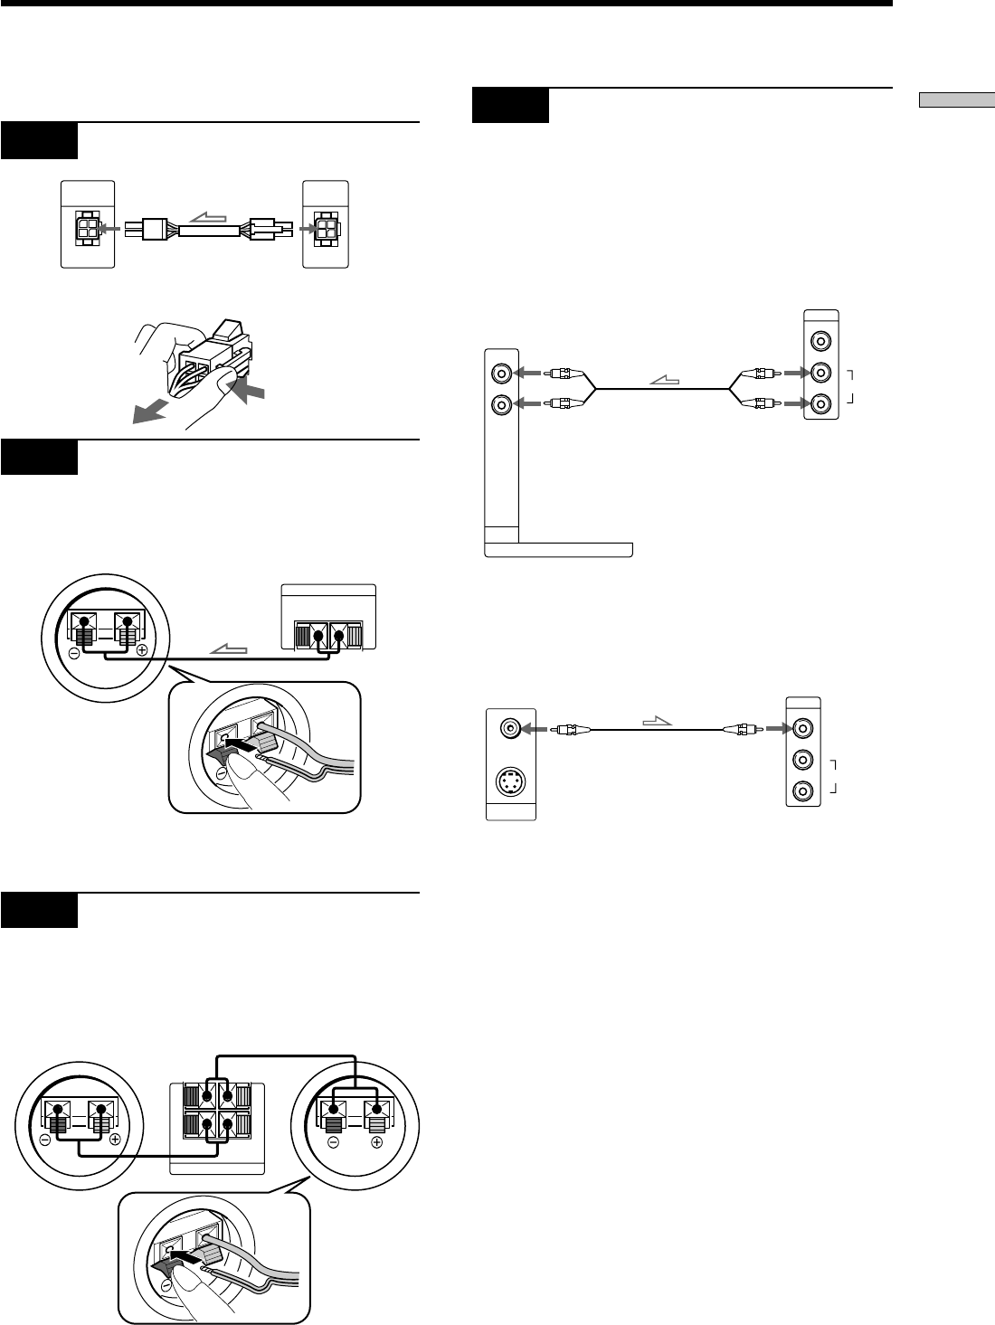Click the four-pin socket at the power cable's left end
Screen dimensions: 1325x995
coord(87,230)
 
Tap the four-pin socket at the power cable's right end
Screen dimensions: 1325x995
coord(326,230)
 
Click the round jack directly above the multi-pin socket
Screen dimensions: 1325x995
coord(511,727)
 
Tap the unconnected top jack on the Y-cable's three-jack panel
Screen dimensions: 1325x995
coord(820,342)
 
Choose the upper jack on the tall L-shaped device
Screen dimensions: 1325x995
coord(500,372)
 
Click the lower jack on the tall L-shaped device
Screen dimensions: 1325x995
coord(500,405)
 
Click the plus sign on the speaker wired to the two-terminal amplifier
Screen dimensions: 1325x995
coord(142,651)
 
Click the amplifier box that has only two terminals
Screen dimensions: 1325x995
coord(328,618)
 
